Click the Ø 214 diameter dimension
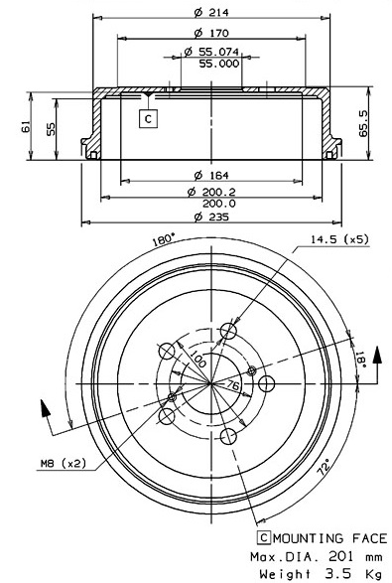point(211,12)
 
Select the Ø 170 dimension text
point(211,33)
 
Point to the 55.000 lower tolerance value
point(219,64)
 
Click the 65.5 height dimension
point(363,124)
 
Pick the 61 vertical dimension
point(26,127)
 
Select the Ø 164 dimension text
point(211,175)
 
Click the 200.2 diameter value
point(219,193)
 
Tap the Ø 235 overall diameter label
point(211,217)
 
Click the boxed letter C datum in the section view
point(148,119)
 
